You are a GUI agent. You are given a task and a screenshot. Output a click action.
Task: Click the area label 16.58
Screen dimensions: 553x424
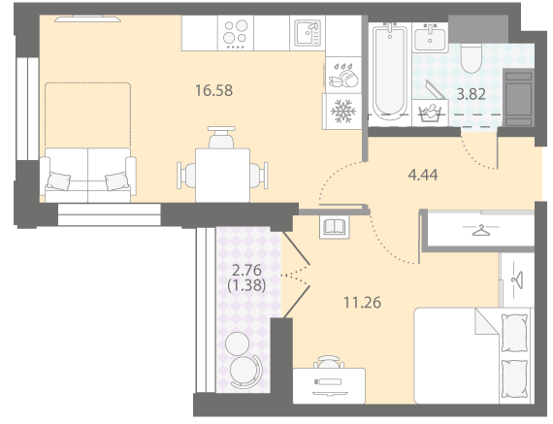(x=214, y=90)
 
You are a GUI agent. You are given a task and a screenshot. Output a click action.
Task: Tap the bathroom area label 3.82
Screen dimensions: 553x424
(x=472, y=94)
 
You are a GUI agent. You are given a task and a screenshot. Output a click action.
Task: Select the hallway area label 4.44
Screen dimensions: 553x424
(x=423, y=175)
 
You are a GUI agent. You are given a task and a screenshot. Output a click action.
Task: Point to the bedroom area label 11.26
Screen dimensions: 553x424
(x=363, y=303)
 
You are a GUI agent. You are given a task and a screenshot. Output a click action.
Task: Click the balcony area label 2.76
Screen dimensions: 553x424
(x=246, y=271)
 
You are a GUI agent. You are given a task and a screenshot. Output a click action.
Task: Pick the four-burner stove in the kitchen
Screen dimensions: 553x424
(x=236, y=33)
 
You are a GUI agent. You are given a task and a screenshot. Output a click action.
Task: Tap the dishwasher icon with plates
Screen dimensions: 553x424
(x=342, y=76)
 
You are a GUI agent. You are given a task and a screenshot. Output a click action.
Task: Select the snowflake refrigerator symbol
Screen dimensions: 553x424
(x=343, y=112)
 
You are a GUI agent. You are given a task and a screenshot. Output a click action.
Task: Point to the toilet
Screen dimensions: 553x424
(x=472, y=59)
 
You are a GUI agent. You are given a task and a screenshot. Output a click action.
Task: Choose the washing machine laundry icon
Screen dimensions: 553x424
(x=430, y=113)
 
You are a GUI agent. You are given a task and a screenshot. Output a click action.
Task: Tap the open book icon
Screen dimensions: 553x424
(x=335, y=226)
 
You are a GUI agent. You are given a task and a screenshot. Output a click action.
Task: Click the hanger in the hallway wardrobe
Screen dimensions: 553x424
(x=480, y=230)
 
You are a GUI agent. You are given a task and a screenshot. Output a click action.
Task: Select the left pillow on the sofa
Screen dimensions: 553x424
(x=59, y=181)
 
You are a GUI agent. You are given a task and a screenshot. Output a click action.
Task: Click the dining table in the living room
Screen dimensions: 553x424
(x=222, y=176)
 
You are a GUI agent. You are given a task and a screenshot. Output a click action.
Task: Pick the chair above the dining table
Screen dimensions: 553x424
(x=221, y=137)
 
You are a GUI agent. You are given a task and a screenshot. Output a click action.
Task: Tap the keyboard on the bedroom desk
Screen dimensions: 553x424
(x=328, y=381)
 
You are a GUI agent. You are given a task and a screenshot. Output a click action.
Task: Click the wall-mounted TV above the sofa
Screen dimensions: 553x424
(x=88, y=18)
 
